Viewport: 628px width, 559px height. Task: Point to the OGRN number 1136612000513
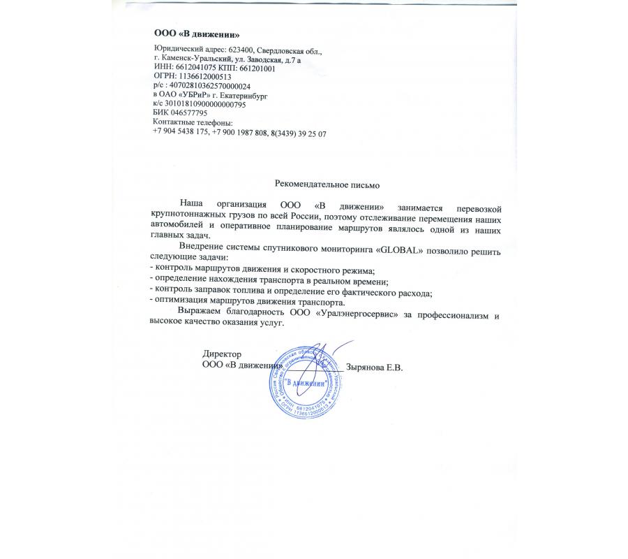pyautogui.click(x=202, y=77)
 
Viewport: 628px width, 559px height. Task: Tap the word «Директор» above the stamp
pyautogui.click(x=220, y=354)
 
